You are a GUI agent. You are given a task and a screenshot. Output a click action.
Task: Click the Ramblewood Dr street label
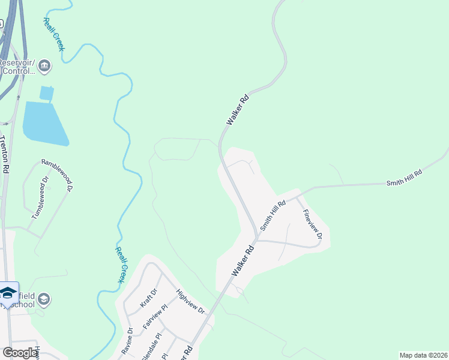[58, 175]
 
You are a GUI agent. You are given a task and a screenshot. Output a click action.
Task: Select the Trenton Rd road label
[4, 154]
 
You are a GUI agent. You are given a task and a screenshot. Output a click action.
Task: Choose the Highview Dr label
[190, 303]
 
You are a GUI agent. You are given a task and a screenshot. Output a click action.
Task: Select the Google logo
[20, 353]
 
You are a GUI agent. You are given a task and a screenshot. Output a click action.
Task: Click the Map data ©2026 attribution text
[423, 355]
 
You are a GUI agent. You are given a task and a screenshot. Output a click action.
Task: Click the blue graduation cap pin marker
[8, 293]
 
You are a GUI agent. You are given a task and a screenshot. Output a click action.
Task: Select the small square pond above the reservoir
[46, 94]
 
